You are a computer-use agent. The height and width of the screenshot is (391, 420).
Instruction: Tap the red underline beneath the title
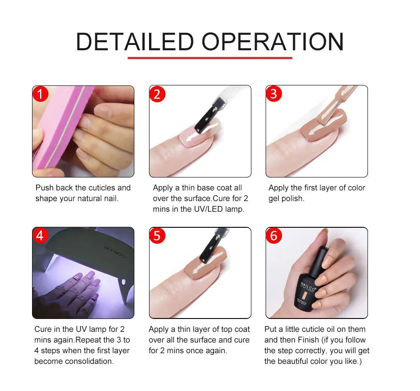point(210,57)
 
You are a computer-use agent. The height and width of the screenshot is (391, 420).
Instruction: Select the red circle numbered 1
point(40,94)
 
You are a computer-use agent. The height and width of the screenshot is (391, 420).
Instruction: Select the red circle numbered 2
point(157,94)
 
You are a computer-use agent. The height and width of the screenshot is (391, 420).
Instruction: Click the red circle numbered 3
point(274,94)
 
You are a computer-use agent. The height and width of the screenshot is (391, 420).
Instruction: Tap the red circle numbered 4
point(40,235)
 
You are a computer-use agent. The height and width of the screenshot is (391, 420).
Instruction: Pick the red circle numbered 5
point(157,235)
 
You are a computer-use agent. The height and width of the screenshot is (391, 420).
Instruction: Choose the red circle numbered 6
point(274,235)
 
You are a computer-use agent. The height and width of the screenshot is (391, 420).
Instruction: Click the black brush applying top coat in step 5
point(207,256)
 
